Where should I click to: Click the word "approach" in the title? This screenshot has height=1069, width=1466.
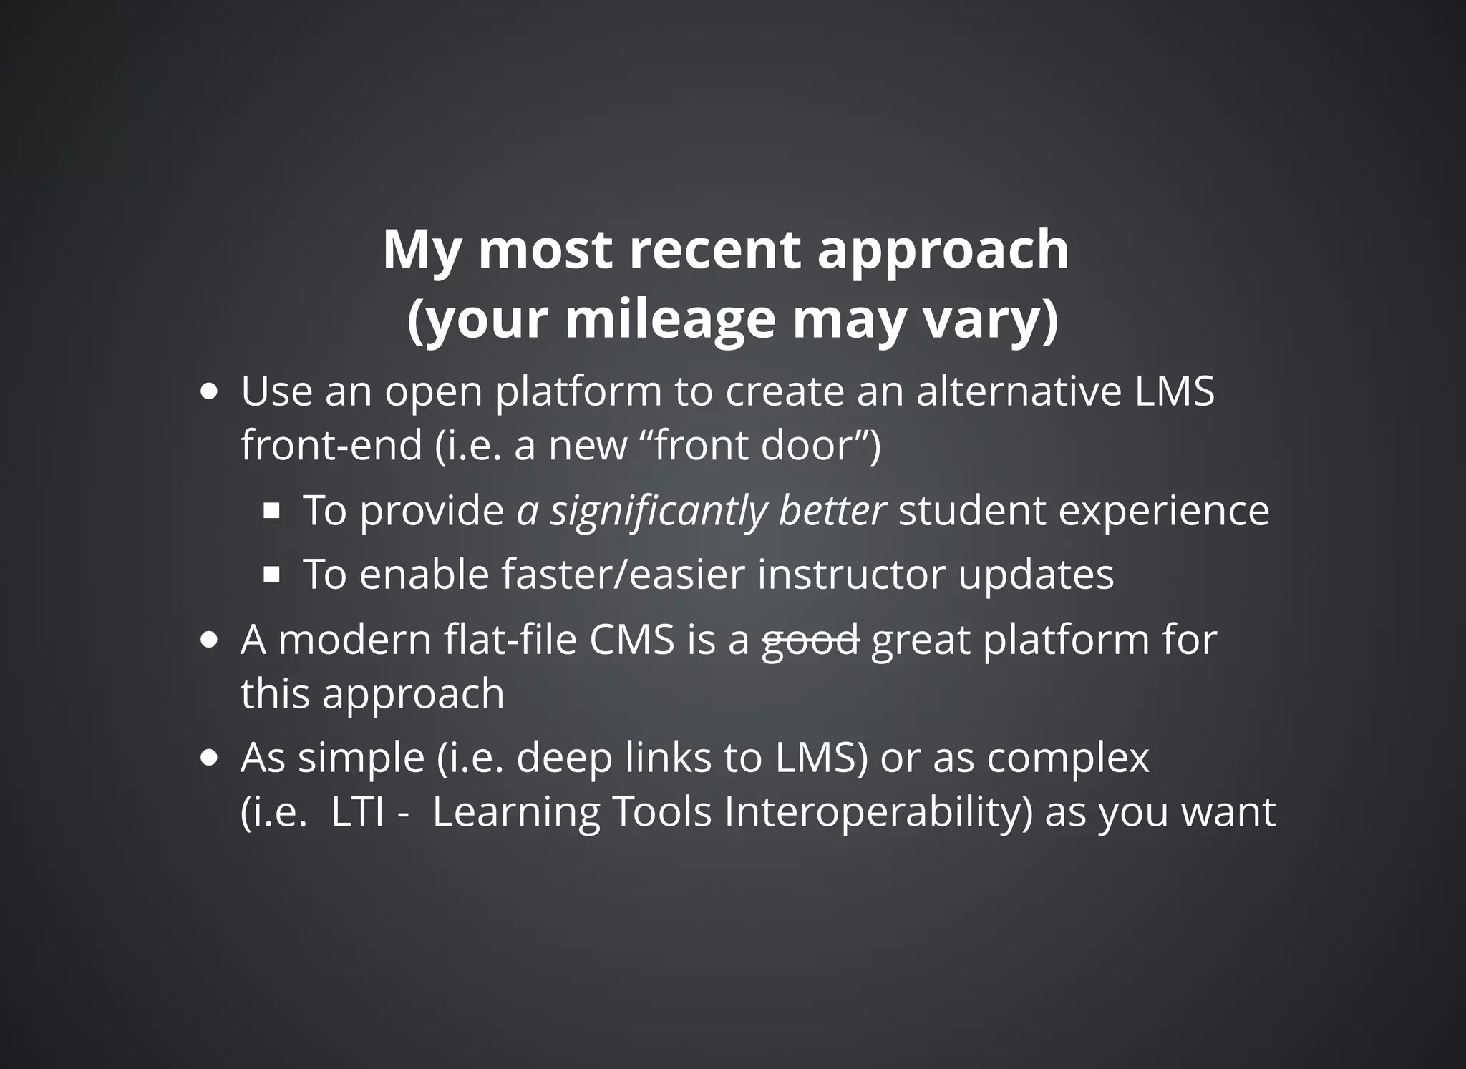pos(943,250)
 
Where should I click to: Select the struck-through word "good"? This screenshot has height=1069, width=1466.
pos(810,640)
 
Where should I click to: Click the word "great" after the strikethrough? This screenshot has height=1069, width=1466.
pos(921,640)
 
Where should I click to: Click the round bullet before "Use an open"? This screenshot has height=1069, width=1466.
pos(209,393)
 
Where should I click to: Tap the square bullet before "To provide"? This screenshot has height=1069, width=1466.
pos(271,511)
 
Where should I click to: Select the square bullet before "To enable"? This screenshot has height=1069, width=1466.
pos(271,574)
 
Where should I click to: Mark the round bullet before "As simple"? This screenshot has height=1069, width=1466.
pos(209,758)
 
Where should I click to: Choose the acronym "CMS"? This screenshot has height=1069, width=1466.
pos(631,640)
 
